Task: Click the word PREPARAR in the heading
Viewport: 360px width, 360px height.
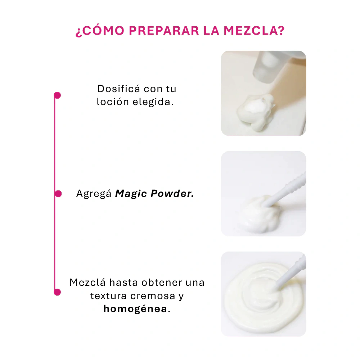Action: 164,31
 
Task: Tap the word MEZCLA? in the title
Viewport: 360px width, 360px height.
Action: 254,31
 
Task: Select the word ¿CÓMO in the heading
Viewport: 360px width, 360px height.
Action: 100,31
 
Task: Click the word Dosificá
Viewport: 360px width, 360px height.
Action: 118,89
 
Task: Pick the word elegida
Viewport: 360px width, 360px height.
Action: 153,102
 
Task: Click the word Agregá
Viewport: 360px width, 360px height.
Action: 94,194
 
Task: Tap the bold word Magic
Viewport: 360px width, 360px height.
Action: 131,194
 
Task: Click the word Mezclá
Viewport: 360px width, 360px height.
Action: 87,282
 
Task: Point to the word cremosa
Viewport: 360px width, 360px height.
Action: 153,296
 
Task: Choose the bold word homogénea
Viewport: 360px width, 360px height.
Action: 135,309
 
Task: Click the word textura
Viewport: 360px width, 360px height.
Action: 108,296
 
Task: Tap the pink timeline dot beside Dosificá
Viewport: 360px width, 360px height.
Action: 57,95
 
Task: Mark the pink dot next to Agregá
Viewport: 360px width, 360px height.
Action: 58,194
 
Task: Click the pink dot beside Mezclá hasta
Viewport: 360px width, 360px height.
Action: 57,292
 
